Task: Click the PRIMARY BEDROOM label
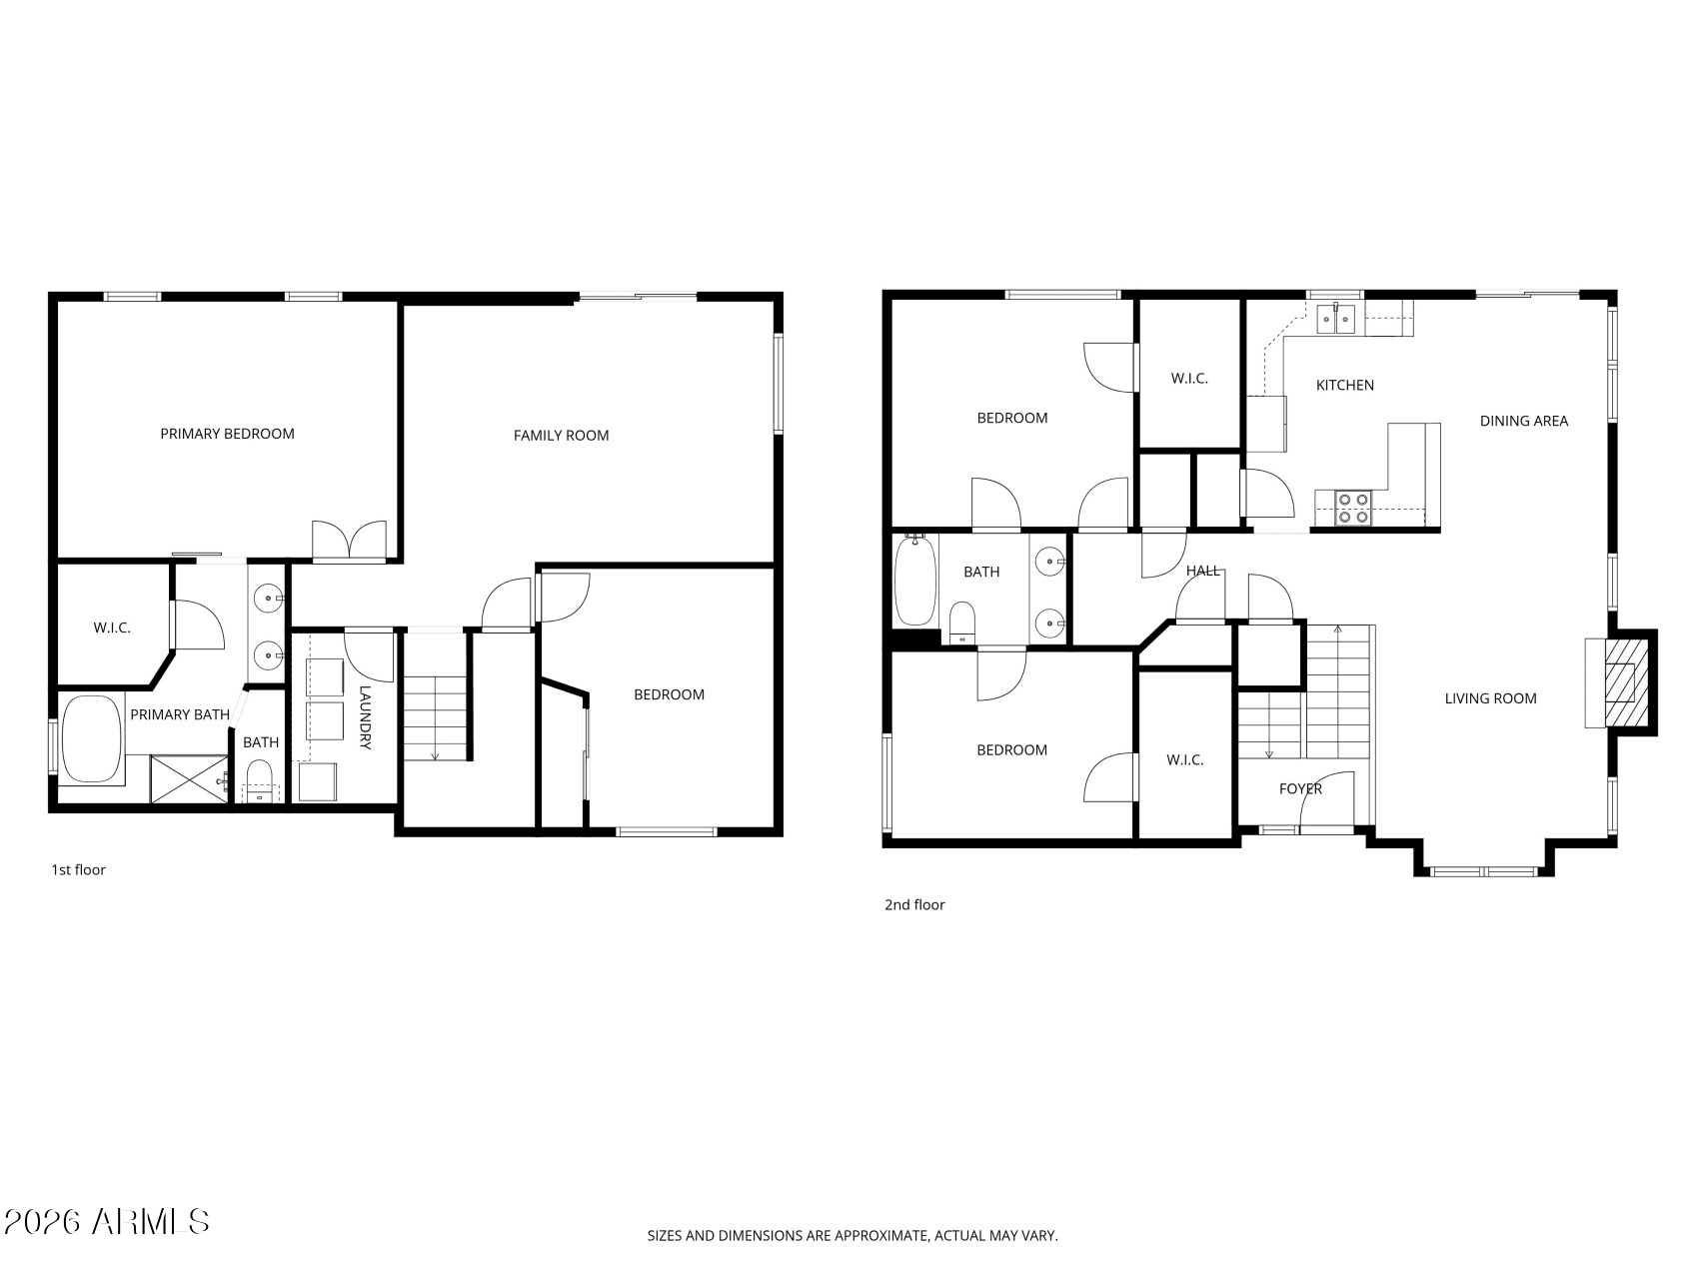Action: click(x=227, y=434)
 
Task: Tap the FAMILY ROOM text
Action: click(x=561, y=436)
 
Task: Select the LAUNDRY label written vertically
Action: click(x=365, y=717)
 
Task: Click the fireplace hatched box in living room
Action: click(x=1620, y=684)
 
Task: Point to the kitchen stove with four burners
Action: click(x=1353, y=509)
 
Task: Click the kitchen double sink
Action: click(x=1335, y=319)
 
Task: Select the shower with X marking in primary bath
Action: click(x=189, y=779)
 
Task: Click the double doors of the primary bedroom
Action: click(x=349, y=541)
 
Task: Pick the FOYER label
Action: click(x=1300, y=789)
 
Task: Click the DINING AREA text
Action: click(x=1523, y=422)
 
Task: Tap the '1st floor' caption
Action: click(x=78, y=870)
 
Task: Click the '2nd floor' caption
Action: click(x=913, y=905)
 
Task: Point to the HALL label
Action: click(x=1202, y=571)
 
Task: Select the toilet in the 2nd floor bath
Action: click(x=961, y=623)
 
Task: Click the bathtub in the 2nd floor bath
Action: click(x=914, y=582)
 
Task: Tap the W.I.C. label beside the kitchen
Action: click(x=1189, y=379)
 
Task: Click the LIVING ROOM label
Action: click(x=1490, y=698)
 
